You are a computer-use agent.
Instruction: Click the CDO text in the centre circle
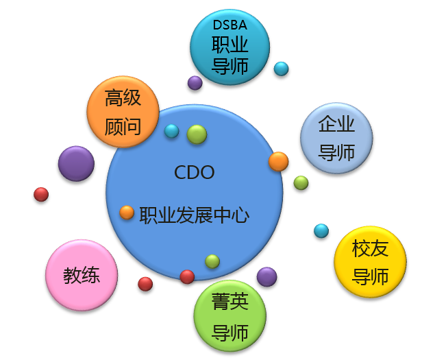tap(195, 172)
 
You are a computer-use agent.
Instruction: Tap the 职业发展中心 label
tap(194, 215)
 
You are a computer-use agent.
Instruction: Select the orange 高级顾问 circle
tap(123, 112)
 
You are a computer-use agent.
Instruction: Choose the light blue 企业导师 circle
tap(336, 138)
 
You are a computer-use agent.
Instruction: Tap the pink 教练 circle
tap(82, 275)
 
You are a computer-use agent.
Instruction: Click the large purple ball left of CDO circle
tap(76, 163)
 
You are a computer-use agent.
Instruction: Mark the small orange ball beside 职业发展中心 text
tap(127, 213)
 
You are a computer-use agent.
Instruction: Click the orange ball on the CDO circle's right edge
tap(278, 161)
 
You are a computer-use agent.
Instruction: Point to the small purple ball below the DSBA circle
tap(195, 83)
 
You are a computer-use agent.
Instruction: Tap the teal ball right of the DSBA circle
tap(281, 69)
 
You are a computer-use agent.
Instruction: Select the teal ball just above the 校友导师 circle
tap(321, 231)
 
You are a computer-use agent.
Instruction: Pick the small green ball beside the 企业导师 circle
tap(301, 182)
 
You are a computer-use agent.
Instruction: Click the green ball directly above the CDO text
tap(197, 134)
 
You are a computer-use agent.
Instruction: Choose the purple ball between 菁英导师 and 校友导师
tap(266, 277)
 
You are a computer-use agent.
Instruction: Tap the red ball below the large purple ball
tap(41, 194)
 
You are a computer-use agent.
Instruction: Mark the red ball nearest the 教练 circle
tap(145, 284)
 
